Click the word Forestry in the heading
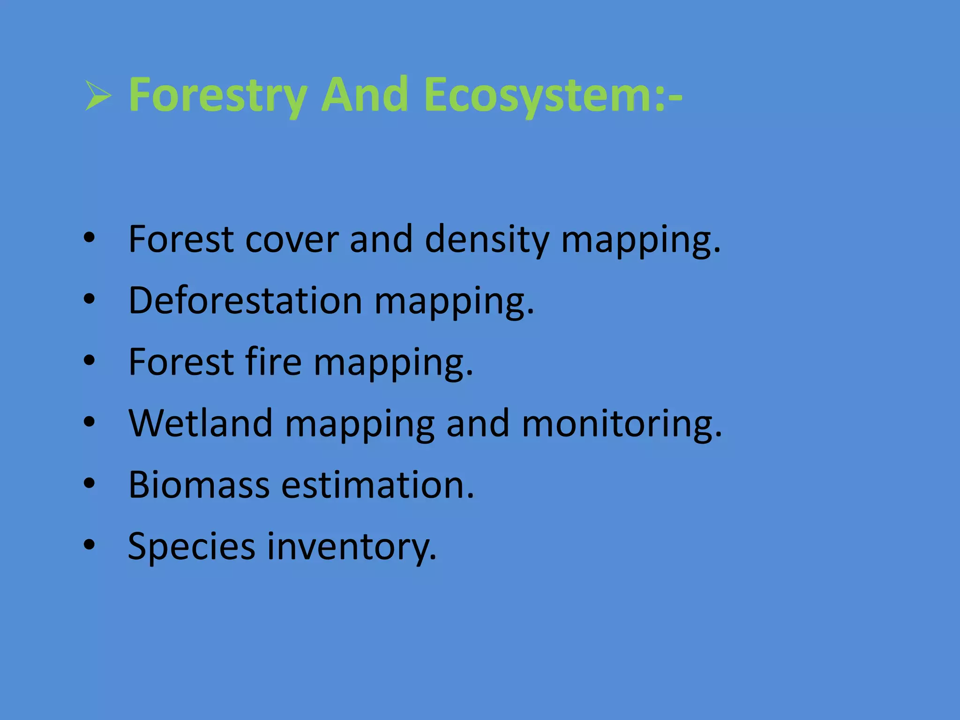[218, 96]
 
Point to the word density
[487, 240]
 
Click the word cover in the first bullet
[292, 240]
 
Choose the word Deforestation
[245, 300]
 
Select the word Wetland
[201, 423]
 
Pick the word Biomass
[199, 485]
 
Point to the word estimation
[377, 485]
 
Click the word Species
[191, 547]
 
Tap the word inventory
[352, 547]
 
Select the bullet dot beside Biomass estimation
[89, 483]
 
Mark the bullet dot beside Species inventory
[89, 545]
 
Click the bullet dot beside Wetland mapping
[89, 422]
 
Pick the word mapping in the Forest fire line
[393, 363]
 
